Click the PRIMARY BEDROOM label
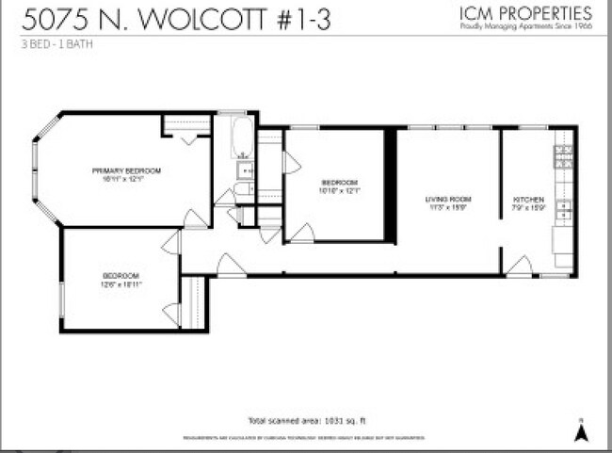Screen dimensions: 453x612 click(x=126, y=170)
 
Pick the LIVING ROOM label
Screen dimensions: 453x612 click(x=447, y=200)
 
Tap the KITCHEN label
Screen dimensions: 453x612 click(x=527, y=200)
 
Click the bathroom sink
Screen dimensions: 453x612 click(x=243, y=170)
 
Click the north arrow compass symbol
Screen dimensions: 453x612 click(x=582, y=430)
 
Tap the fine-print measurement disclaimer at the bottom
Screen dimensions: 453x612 click(x=303, y=438)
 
